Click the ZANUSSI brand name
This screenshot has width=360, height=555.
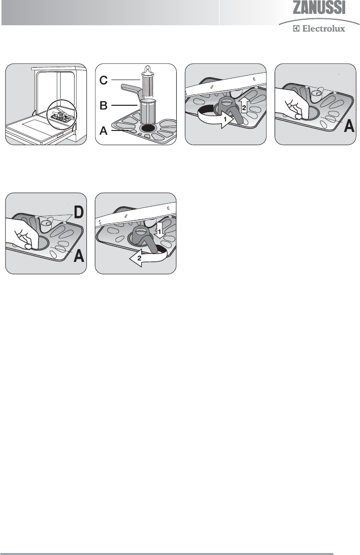[319, 7]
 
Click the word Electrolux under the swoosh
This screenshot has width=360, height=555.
[323, 29]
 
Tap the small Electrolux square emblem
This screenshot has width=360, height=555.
[296, 29]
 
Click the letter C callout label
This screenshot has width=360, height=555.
[103, 81]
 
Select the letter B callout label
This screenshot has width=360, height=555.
[103, 105]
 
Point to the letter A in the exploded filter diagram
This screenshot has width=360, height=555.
[103, 131]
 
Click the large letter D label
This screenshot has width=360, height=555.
[79, 213]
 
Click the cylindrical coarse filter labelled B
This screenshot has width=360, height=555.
[148, 112]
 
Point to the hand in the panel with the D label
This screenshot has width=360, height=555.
[21, 234]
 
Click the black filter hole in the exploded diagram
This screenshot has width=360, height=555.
[148, 128]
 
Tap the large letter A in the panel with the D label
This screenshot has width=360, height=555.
[79, 255]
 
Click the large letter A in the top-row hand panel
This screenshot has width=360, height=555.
[349, 126]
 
